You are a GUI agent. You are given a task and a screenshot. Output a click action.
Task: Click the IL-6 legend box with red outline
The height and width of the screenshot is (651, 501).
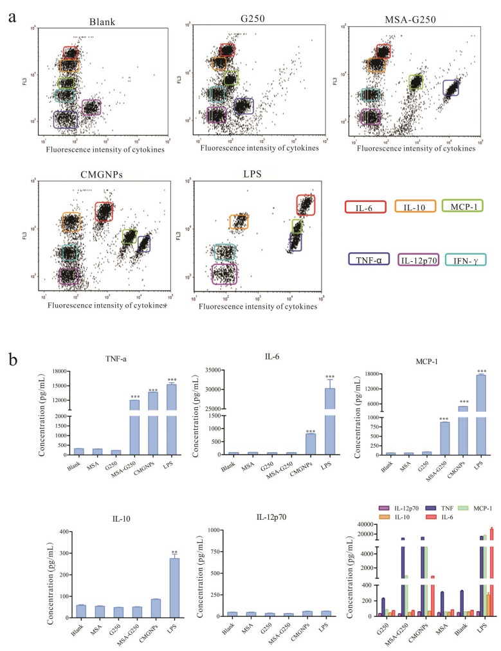pyautogui.click(x=365, y=206)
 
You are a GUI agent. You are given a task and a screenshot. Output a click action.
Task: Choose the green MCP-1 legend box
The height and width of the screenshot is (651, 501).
pyautogui.click(x=462, y=206)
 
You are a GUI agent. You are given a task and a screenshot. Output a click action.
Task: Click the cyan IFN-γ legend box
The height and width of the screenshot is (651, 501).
pyautogui.click(x=462, y=260)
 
